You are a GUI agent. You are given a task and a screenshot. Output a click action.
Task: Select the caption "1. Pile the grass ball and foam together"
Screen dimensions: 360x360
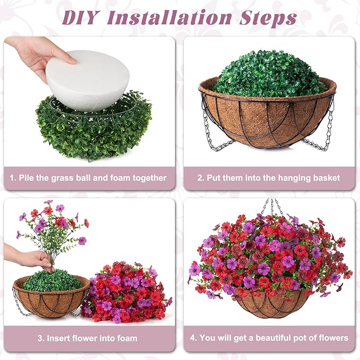(x=88, y=178)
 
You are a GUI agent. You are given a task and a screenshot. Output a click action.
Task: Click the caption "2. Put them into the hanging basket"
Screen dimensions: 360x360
(x=269, y=178)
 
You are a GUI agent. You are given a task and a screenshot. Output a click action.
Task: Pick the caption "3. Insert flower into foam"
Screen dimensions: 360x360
(x=88, y=338)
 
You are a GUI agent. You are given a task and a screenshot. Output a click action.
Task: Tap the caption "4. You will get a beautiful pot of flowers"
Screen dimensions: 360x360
(x=269, y=338)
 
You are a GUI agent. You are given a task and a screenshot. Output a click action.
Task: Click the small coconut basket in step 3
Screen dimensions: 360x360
(x=50, y=300)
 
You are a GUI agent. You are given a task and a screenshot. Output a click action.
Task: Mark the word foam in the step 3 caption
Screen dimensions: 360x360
(x=126, y=338)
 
